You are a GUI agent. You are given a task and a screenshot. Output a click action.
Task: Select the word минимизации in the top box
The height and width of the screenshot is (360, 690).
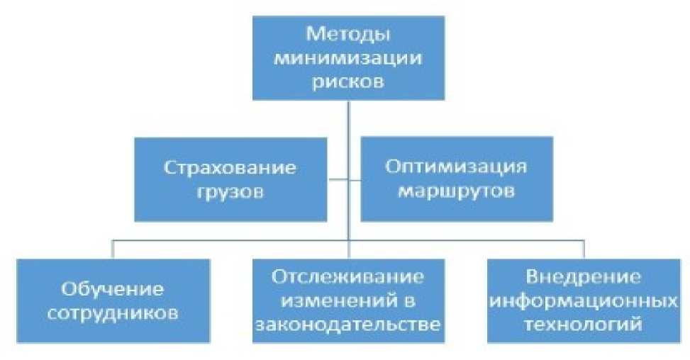point(348,58)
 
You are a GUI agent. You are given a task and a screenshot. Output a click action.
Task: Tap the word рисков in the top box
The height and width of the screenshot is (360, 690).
point(348,81)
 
